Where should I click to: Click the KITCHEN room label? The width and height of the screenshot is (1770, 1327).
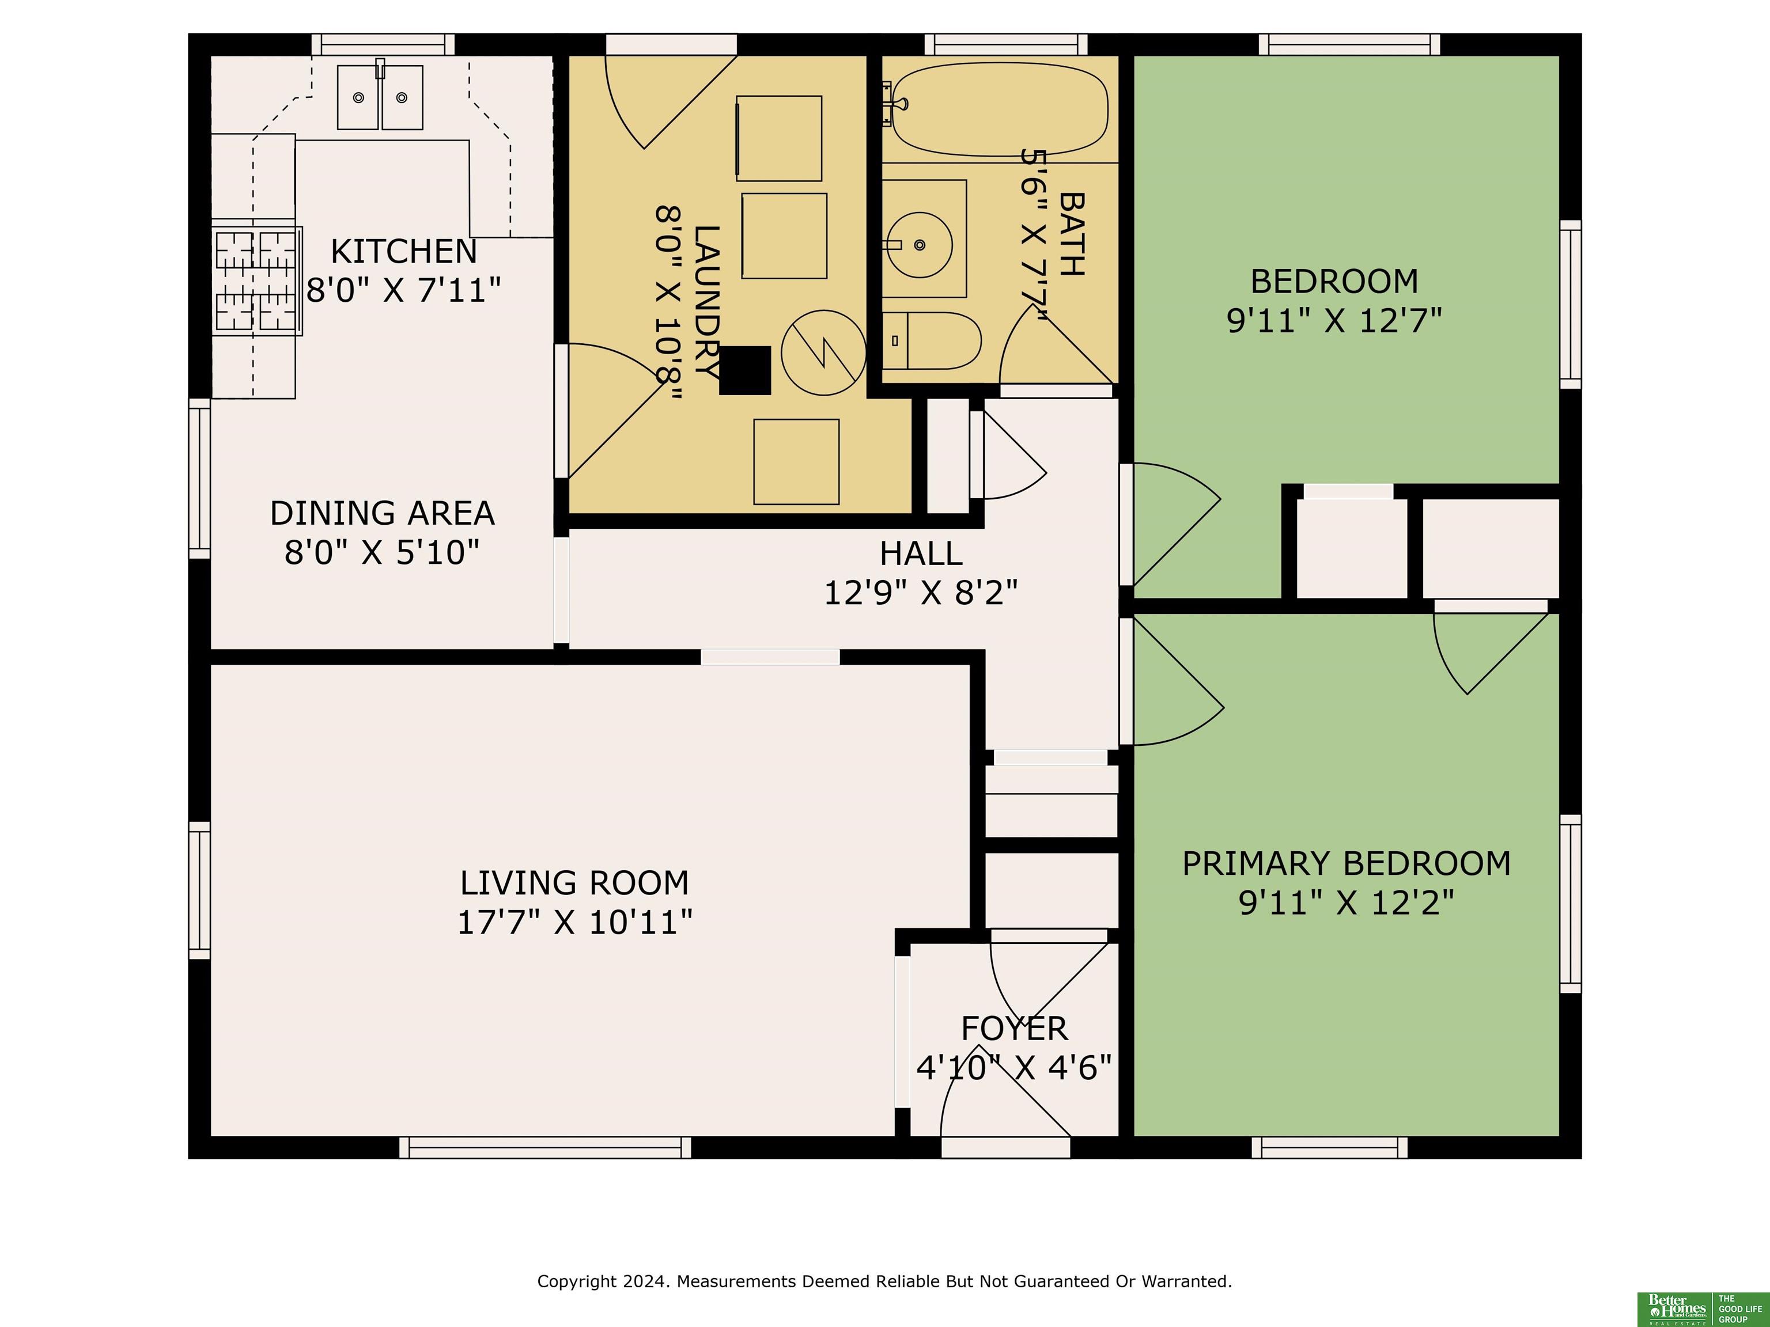[x=403, y=251]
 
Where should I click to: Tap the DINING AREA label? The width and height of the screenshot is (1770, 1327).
[x=383, y=513]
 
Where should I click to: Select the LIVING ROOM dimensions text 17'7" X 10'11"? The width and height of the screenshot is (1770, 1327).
[x=574, y=922]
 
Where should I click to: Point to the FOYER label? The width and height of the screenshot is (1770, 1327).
[x=1014, y=1029]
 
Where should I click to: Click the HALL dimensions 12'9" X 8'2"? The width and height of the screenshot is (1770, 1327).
[x=921, y=593]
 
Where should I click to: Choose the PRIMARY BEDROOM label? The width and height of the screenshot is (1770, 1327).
[x=1347, y=864]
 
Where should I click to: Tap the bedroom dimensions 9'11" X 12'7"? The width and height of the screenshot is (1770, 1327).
[x=1334, y=321]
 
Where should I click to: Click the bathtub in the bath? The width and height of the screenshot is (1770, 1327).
[x=1000, y=109]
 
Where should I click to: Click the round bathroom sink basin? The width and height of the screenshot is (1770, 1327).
[x=920, y=245]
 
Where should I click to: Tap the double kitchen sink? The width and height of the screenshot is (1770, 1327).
[x=380, y=97]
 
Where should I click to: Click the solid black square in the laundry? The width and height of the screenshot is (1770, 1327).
[x=745, y=370]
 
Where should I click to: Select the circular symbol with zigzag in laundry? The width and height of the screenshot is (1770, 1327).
[x=823, y=352]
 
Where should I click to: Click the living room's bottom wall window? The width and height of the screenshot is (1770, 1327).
[x=545, y=1147]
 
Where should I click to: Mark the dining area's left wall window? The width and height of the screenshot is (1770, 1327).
[x=199, y=478]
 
